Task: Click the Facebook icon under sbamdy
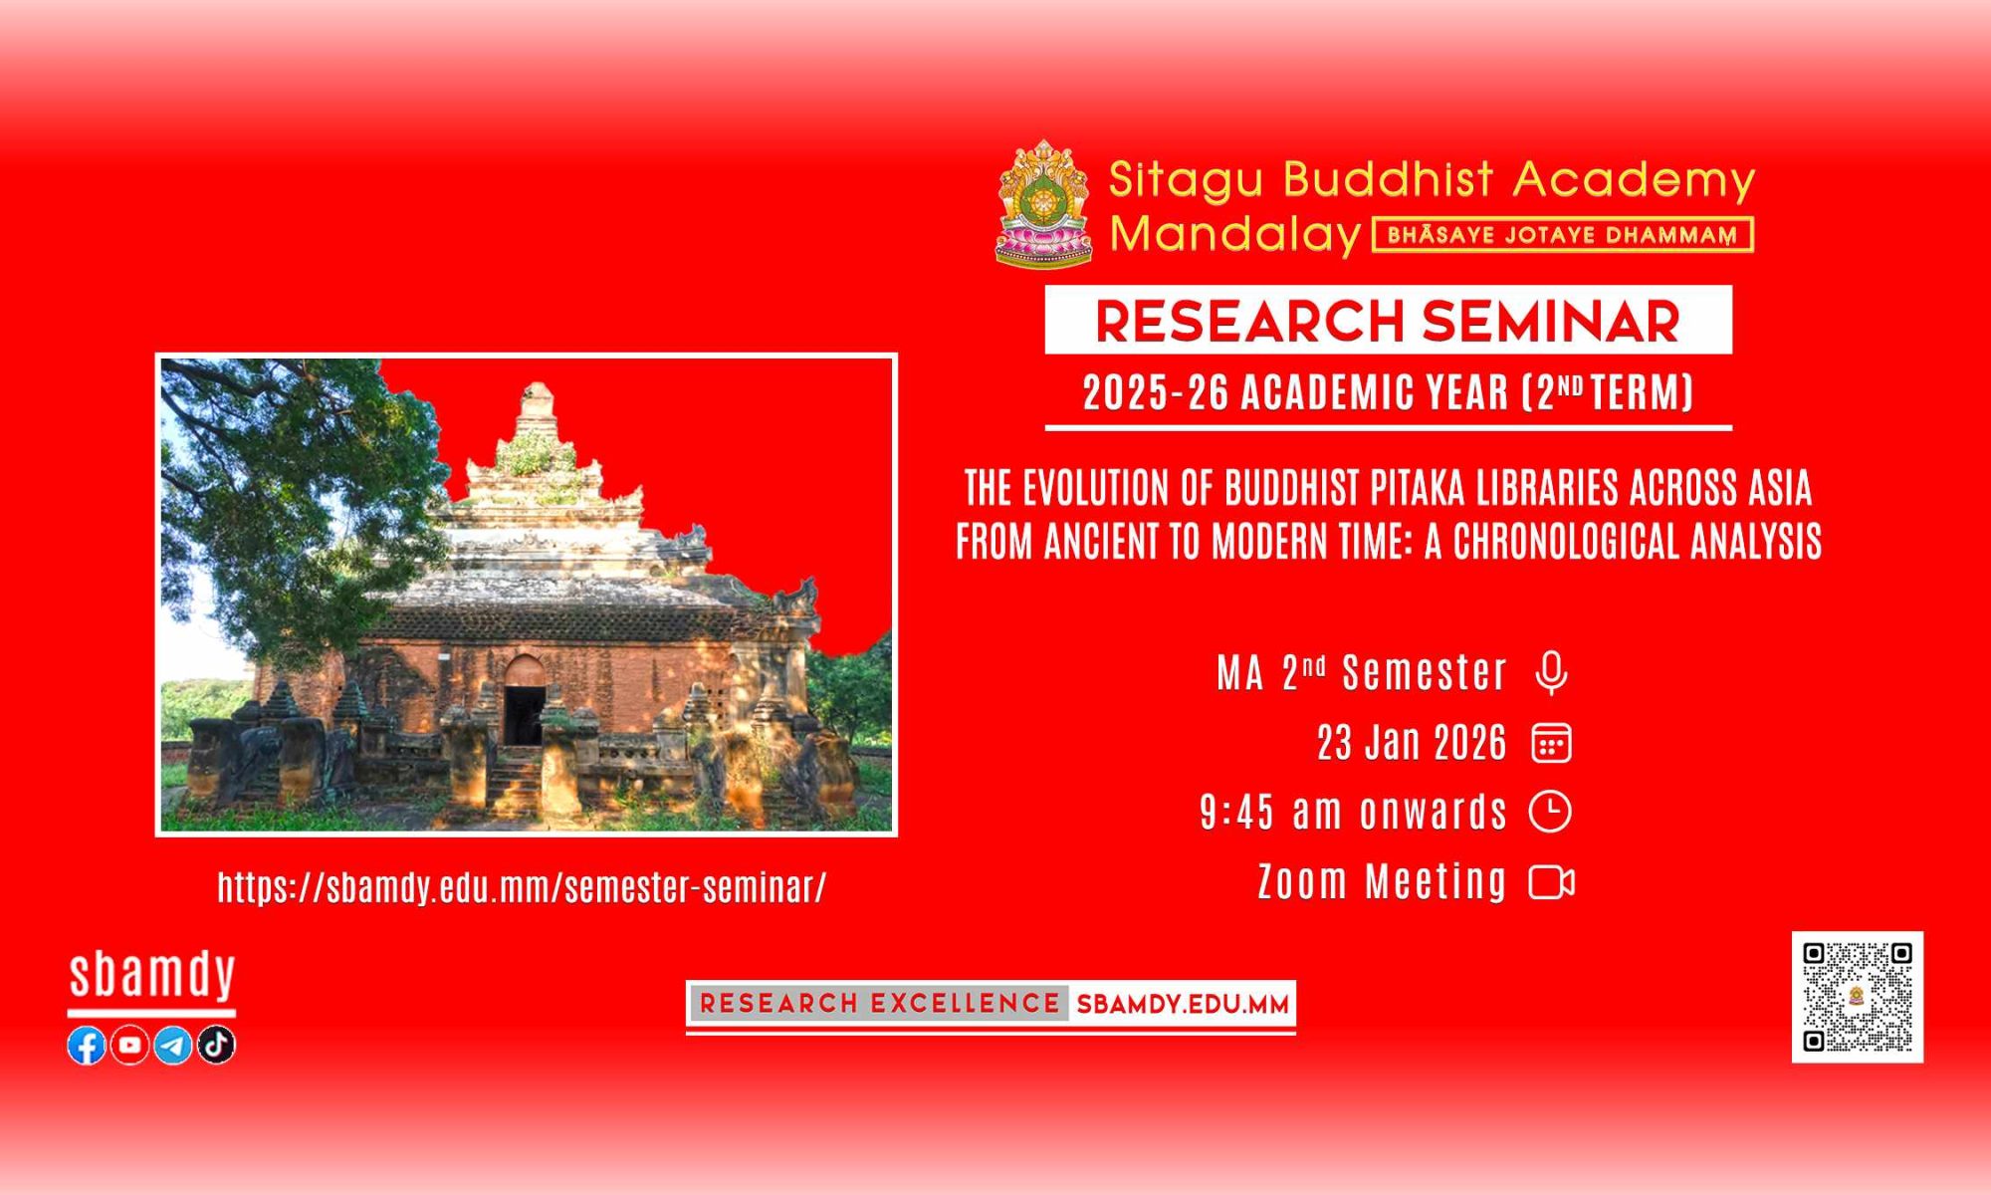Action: (x=87, y=1045)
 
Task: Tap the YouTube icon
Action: (x=129, y=1045)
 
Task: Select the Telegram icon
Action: (x=173, y=1045)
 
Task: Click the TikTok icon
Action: (x=216, y=1045)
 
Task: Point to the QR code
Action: (x=1858, y=997)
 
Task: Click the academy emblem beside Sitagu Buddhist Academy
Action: (x=1044, y=203)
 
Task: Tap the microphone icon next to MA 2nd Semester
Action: (x=1551, y=673)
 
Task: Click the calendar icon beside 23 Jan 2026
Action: (x=1551, y=743)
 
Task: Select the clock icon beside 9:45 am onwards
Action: (x=1550, y=812)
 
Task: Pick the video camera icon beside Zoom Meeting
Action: (x=1552, y=882)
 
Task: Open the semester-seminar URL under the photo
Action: (x=522, y=887)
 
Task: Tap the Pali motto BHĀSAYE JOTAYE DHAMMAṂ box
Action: (x=1562, y=235)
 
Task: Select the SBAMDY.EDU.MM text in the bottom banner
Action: (x=1183, y=1004)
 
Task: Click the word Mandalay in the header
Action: (x=1235, y=235)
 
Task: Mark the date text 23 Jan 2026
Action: (x=1412, y=743)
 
